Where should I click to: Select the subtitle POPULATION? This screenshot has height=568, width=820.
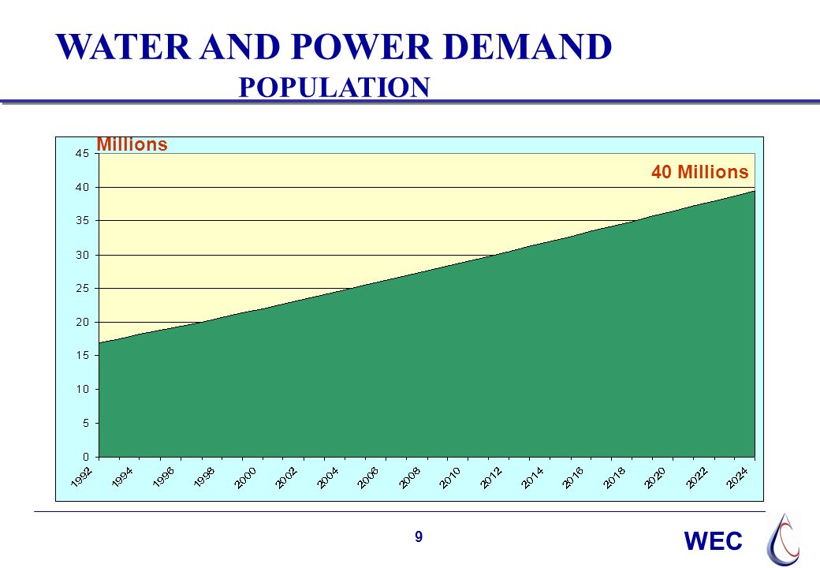click(x=334, y=87)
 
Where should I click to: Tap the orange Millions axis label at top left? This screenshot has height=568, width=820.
click(x=132, y=144)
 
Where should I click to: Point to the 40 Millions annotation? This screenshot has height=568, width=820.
click(x=699, y=171)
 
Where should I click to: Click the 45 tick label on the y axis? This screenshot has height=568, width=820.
click(x=82, y=153)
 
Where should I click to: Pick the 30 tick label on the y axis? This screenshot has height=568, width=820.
click(x=82, y=256)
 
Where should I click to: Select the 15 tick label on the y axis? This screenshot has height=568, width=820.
click(x=82, y=356)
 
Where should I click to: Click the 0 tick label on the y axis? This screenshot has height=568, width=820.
click(x=86, y=457)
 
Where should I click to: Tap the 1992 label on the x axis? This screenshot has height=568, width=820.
click(x=82, y=477)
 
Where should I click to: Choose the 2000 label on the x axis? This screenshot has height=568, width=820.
click(x=246, y=477)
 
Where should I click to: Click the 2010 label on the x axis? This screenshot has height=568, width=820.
click(x=450, y=477)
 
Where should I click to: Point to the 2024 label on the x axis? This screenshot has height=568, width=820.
click(x=737, y=477)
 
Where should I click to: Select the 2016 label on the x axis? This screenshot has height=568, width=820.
click(x=573, y=477)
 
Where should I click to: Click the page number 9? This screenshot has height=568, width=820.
click(x=419, y=537)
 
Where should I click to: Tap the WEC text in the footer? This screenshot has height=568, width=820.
click(x=714, y=541)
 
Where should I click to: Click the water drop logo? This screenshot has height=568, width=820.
click(x=783, y=540)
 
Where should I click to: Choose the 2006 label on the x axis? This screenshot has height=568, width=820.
click(x=369, y=477)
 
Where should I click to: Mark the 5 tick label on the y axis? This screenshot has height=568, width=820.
click(x=86, y=423)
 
